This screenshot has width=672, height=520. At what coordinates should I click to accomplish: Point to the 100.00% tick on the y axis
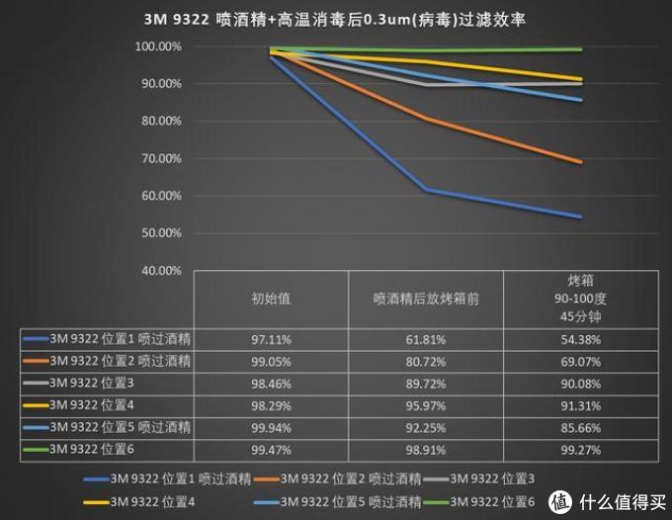coord(158,46)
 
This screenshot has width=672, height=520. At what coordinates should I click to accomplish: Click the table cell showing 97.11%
coord(271,339)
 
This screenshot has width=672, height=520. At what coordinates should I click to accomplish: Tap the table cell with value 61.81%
coord(426,339)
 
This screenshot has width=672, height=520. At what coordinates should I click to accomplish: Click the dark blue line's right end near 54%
coord(581,217)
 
